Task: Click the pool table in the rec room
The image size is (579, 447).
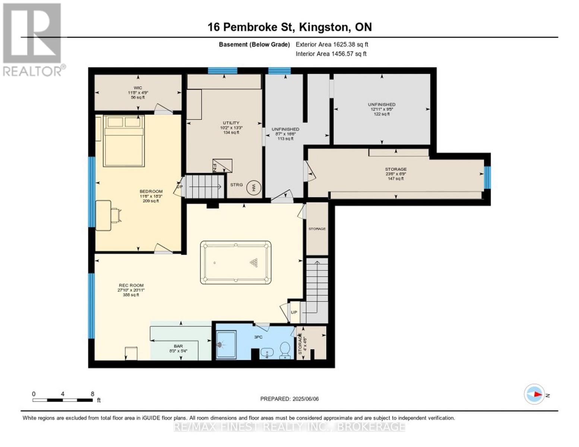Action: point(235,263)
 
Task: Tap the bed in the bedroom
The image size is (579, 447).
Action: point(124,141)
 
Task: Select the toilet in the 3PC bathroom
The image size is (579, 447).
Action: point(285,350)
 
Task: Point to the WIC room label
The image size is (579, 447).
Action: point(137,88)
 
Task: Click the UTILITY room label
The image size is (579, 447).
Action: point(231,123)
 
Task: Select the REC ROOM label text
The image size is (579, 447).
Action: point(131,285)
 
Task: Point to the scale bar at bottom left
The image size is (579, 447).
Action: point(63,400)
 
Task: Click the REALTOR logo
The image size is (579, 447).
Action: point(33,39)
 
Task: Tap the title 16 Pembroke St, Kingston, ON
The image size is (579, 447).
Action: point(289,27)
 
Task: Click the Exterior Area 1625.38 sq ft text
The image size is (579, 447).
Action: point(332,44)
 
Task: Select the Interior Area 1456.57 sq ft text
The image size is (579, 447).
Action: point(331,54)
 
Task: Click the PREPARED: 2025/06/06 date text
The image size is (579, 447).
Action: point(289,399)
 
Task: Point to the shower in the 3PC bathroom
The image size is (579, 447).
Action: point(226,345)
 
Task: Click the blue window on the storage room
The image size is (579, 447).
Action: point(487,177)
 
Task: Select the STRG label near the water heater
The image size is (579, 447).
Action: point(236,185)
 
